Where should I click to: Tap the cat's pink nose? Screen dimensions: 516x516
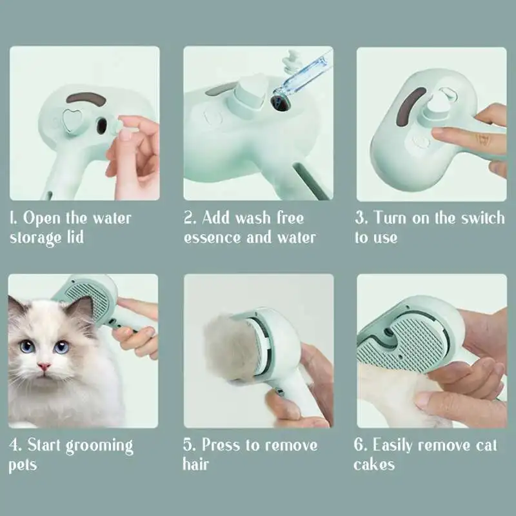click(44, 367)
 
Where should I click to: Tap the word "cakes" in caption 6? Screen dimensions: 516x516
click(373, 464)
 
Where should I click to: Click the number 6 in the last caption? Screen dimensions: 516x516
click(359, 445)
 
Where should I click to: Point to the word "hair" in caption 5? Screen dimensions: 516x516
click(195, 464)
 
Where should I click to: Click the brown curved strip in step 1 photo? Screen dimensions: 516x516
click(86, 99)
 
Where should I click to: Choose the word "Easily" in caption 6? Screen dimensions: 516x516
click(395, 446)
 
